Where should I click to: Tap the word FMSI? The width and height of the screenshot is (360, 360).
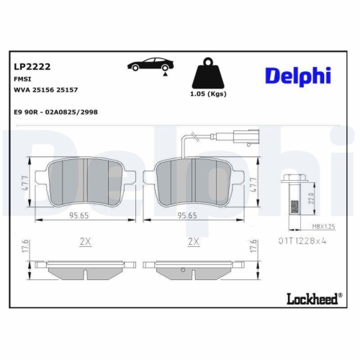22,78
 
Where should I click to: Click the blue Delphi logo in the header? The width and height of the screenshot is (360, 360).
297,74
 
